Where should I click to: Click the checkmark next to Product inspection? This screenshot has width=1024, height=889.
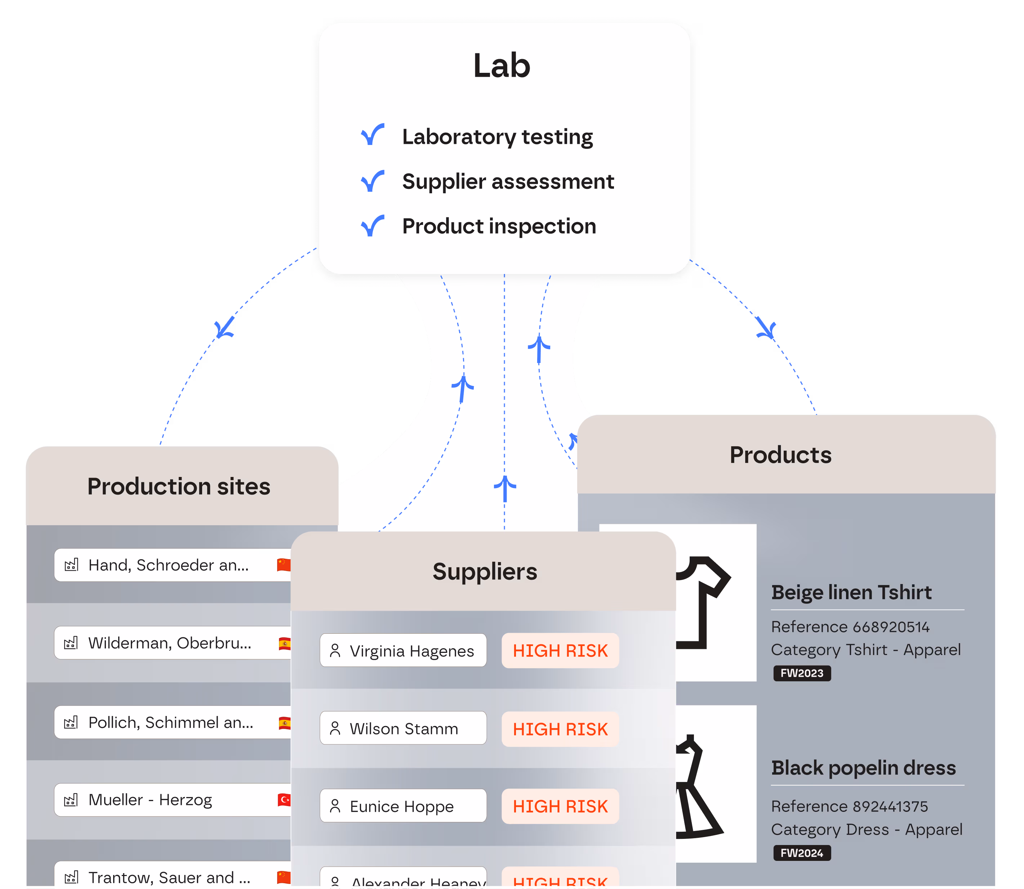pos(372,226)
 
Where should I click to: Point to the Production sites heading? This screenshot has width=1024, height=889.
pos(178,486)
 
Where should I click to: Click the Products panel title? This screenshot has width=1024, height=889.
pos(780,455)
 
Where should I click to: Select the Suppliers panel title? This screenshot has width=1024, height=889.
pos(485,571)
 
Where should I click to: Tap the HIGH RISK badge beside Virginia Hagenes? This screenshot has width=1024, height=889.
pos(560,650)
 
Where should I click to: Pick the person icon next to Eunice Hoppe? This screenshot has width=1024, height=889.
pos(335,806)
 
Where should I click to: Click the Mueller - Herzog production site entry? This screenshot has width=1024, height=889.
pos(150,800)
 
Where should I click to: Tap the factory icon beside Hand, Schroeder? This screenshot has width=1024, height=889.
pos(71,565)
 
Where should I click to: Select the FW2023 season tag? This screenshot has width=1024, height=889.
pos(801,673)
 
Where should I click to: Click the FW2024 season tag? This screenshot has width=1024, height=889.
pos(801,853)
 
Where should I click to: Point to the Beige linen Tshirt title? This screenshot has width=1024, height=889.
pos(851,592)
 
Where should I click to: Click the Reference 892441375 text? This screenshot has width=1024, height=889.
pos(849,806)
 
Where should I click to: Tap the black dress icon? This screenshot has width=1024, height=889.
pos(697,786)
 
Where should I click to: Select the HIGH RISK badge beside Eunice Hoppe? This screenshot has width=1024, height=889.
pos(560,806)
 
